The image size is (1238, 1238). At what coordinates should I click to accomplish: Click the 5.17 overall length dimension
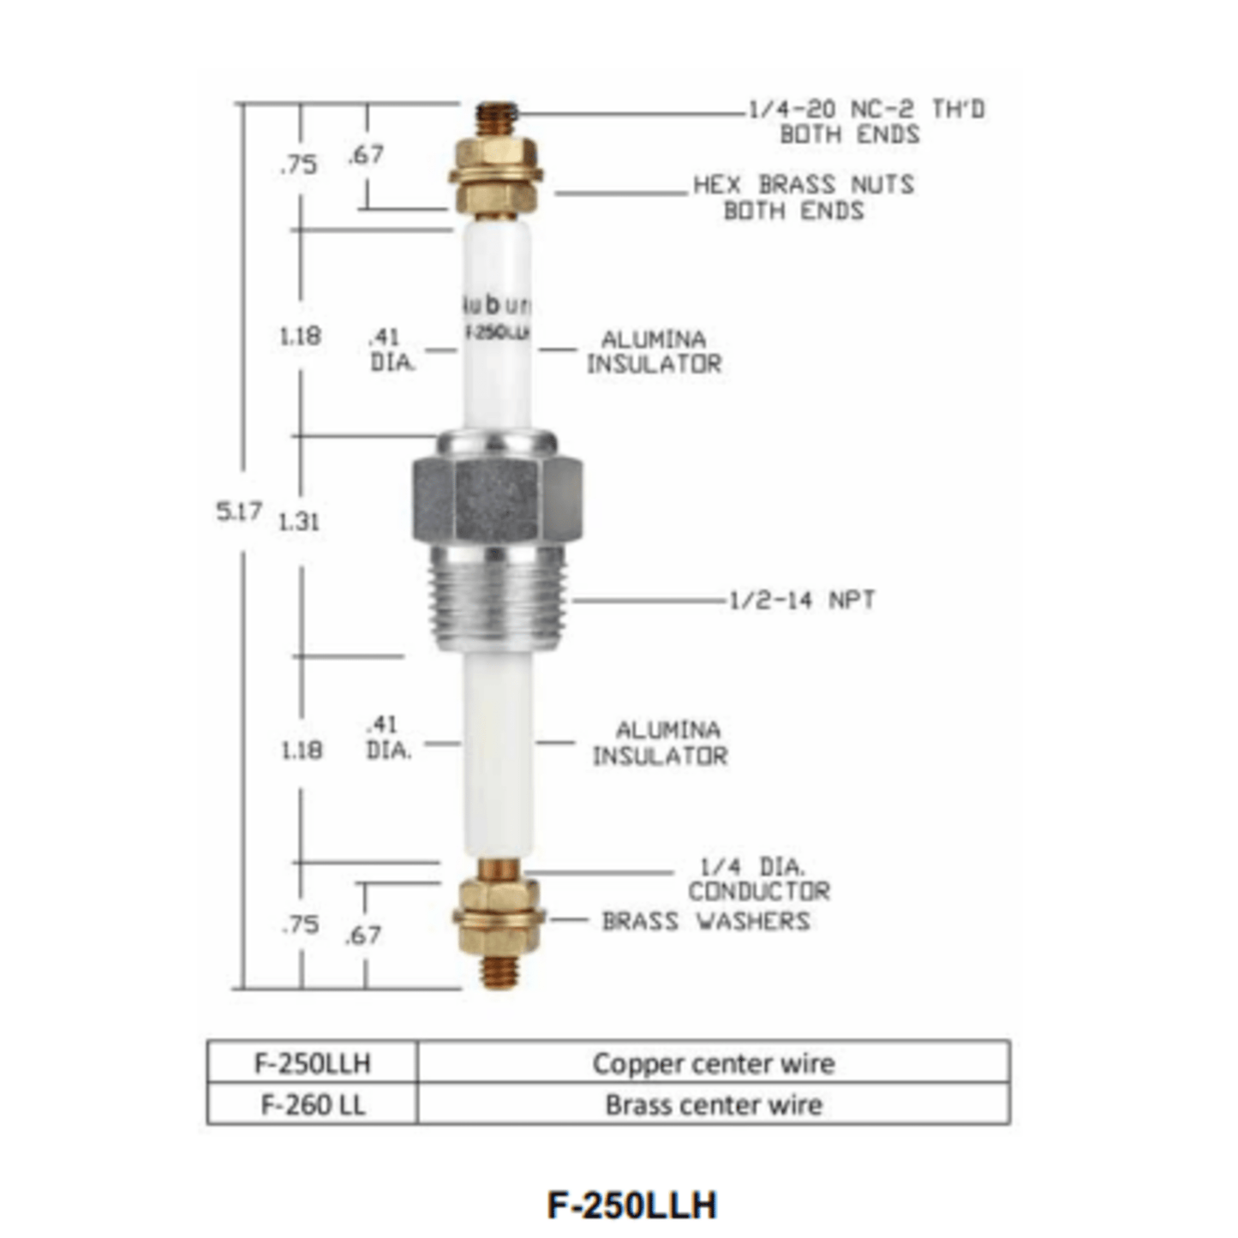pyautogui.click(x=238, y=511)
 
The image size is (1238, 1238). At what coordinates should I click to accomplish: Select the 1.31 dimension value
pyautogui.click(x=299, y=521)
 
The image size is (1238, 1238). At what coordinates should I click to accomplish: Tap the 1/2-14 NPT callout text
pyautogui.click(x=802, y=600)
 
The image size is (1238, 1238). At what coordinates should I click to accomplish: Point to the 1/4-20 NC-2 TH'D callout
pyautogui.click(x=865, y=122)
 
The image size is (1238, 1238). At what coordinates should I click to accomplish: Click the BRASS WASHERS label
pyautogui.click(x=705, y=921)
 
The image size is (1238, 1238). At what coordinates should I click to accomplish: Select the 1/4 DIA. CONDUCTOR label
pyautogui.click(x=758, y=879)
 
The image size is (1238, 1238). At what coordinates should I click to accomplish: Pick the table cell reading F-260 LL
pyautogui.click(x=313, y=1104)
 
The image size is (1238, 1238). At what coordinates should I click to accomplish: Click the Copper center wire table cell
pyautogui.click(x=713, y=1063)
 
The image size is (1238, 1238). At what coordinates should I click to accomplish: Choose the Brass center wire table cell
pyautogui.click(x=713, y=1104)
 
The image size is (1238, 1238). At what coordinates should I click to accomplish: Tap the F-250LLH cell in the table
pyautogui.click(x=313, y=1063)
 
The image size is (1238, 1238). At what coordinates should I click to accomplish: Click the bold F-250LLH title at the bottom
pyautogui.click(x=631, y=1205)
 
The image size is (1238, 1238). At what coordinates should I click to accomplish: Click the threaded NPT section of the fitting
pyautogui.click(x=497, y=600)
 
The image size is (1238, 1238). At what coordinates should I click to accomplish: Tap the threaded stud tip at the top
pyautogui.click(x=498, y=116)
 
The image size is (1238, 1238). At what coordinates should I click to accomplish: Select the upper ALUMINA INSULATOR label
pyautogui.click(x=654, y=351)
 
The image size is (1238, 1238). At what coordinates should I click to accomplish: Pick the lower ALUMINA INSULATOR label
pyautogui.click(x=660, y=743)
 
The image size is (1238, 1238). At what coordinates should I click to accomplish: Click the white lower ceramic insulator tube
pyautogui.click(x=498, y=754)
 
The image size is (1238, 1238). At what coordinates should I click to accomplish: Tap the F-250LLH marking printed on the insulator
pyautogui.click(x=497, y=333)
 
